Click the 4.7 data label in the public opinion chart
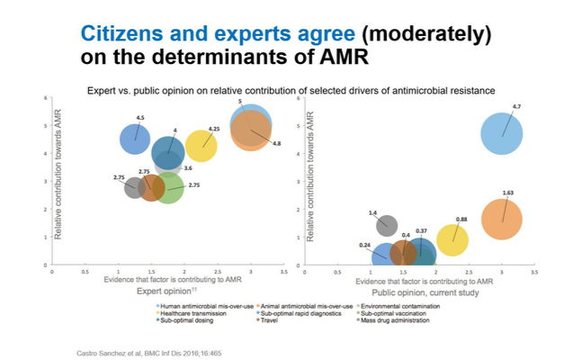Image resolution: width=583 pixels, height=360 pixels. pyautogui.click(x=516, y=107)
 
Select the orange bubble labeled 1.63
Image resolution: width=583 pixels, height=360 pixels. pyautogui.click(x=502, y=219)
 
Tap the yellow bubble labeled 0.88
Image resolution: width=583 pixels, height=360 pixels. pyautogui.click(x=453, y=239)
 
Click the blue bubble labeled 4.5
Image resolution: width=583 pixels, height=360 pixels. pyautogui.click(x=136, y=139)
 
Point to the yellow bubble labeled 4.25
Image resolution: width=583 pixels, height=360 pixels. pyautogui.click(x=201, y=145)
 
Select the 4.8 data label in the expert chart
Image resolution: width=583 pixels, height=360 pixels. pyautogui.click(x=276, y=143)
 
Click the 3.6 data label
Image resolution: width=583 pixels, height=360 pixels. pyautogui.click(x=188, y=167)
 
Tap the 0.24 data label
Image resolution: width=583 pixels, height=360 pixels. pyautogui.click(x=365, y=245)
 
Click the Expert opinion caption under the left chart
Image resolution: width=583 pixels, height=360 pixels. pyautogui.click(x=162, y=292)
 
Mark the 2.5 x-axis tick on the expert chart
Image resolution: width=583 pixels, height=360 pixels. pyautogui.click(x=218, y=271)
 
